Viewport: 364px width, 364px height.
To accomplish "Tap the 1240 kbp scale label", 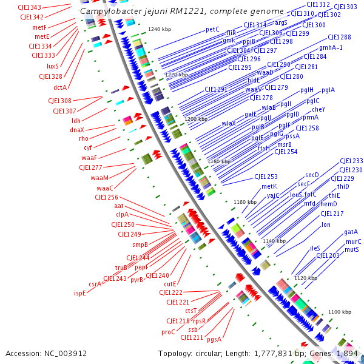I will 160,29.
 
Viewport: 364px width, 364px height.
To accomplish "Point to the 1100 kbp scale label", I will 339,312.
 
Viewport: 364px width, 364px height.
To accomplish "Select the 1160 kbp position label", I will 245,202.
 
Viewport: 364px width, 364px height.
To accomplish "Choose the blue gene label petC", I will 212,29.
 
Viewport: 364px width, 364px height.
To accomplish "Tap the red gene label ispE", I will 80,292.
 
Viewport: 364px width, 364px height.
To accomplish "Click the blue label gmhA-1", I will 331,47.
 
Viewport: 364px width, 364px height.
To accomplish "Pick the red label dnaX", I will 77,130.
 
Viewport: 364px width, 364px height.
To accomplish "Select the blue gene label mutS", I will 352,249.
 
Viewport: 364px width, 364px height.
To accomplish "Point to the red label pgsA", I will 214,339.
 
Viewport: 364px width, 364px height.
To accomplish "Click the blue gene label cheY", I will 318,109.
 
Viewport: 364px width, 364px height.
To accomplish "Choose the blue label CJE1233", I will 351,161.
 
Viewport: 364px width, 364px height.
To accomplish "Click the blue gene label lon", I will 326,224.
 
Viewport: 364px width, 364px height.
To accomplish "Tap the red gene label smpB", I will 140,244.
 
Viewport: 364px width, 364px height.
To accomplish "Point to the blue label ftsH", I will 264,148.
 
